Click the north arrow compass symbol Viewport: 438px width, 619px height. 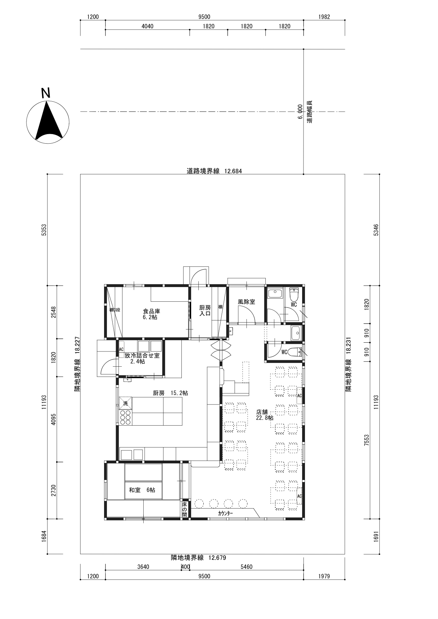48,122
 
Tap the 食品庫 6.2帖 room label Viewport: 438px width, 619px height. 151,314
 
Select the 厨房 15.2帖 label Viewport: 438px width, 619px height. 170,393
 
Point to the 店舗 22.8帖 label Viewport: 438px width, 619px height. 265,415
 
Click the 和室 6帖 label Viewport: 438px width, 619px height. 142,490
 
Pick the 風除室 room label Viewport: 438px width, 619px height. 246,302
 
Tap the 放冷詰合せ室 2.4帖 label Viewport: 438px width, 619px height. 142,359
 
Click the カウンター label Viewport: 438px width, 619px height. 226,513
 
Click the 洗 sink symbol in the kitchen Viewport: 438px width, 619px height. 125,403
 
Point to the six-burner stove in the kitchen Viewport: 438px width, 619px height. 125,417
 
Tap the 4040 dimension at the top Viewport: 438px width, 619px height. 147,26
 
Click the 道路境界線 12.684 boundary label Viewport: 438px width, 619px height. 214,171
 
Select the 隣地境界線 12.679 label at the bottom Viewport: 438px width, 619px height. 198,558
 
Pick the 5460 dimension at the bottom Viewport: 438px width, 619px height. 246,567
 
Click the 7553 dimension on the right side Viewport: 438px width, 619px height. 376,440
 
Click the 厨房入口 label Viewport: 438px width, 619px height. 205,311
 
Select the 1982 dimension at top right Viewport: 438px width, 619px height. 324,17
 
